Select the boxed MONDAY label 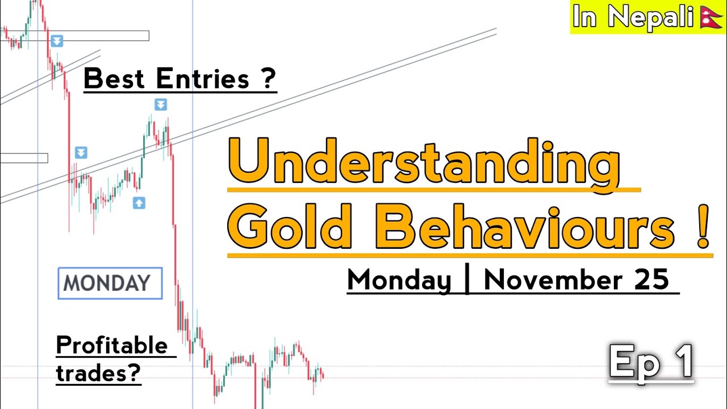tap(110, 283)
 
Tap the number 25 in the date tap(654, 281)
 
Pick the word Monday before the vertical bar tap(399, 281)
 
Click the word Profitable tap(112, 346)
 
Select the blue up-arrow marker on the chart tap(139, 203)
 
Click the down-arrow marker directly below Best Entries tap(161, 105)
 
